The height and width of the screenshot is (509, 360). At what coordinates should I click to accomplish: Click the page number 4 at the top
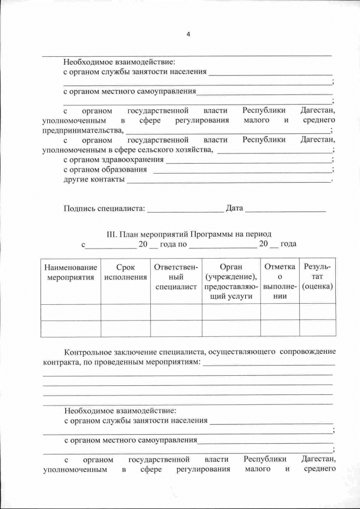click(x=188, y=34)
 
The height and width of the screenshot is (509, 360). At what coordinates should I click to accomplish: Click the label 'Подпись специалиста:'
click(x=104, y=208)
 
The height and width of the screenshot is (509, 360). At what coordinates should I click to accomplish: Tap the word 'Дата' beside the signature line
click(x=234, y=208)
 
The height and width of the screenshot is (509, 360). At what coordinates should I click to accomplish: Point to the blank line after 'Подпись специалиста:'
click(x=185, y=210)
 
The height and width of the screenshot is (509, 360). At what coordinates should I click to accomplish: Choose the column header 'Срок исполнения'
click(x=125, y=273)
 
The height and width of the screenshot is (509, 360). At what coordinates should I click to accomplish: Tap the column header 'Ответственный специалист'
click(x=176, y=277)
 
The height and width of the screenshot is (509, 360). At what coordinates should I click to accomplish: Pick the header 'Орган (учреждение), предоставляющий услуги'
click(x=231, y=282)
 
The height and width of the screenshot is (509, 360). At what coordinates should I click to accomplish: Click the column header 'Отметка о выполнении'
click(x=280, y=282)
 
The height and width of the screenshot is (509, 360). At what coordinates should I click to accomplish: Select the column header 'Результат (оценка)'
click(x=317, y=277)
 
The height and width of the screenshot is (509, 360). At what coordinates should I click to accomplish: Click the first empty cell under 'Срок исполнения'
click(x=125, y=312)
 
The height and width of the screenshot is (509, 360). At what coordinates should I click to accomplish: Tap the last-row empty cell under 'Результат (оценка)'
click(x=317, y=328)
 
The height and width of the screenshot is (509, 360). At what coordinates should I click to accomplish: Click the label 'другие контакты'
click(x=93, y=180)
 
